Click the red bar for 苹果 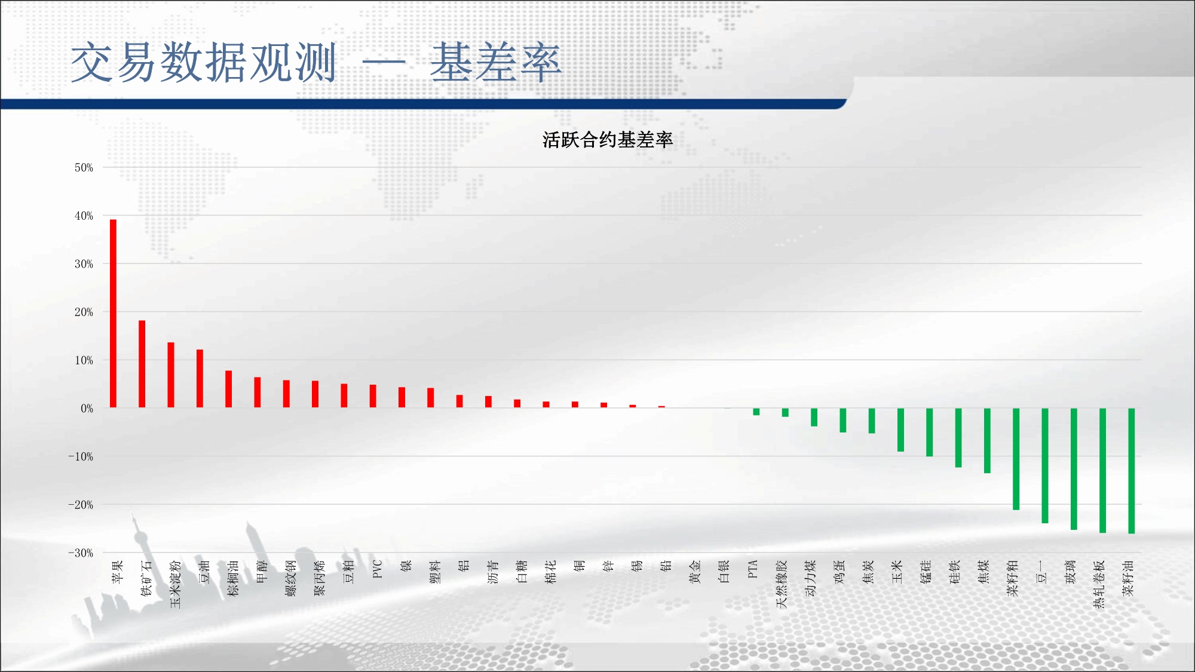point(113,314)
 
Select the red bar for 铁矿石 point(142,364)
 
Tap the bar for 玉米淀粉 point(171,375)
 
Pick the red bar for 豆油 point(200,379)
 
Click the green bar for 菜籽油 point(1131,471)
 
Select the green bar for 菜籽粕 point(1016,459)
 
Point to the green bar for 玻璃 point(1074,469)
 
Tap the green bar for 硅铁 point(958,437)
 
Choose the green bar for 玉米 point(900,429)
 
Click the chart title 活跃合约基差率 point(608,140)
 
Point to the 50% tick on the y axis point(84,168)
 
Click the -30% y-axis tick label point(81,553)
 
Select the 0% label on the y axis point(87,409)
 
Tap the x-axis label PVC point(377,569)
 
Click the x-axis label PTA point(752,569)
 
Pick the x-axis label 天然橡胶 point(782,584)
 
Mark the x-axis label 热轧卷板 point(1099,584)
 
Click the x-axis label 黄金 point(695,572)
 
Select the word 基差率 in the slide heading point(495,62)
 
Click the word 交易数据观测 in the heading point(204,62)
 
